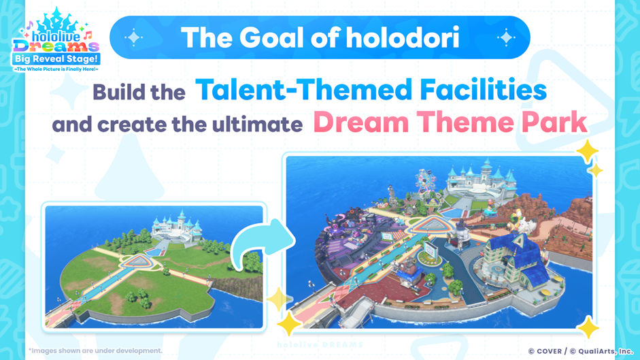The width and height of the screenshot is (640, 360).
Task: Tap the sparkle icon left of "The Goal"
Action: [x=133, y=38]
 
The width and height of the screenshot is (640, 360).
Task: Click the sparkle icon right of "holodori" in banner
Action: [x=505, y=38]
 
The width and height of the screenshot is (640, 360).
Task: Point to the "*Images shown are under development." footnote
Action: [x=95, y=350]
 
